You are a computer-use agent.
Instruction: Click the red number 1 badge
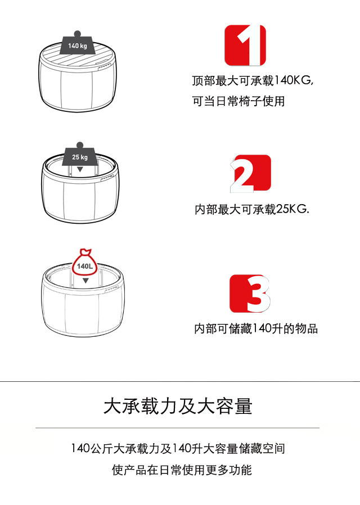pyautogui.click(x=245, y=45)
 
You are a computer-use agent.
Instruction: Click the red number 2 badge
pyautogui.click(x=250, y=174)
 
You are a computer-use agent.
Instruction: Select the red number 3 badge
pyautogui.click(x=250, y=294)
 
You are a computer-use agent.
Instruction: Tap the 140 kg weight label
pyautogui.click(x=78, y=46)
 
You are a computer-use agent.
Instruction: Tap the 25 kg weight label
pyautogui.click(x=80, y=157)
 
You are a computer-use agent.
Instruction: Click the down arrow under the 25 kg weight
pyautogui.click(x=80, y=169)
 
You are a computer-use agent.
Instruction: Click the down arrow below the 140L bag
pyautogui.click(x=85, y=281)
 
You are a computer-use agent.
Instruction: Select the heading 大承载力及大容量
pyautogui.click(x=178, y=406)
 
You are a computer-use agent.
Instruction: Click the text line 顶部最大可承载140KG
pyautogui.click(x=253, y=80)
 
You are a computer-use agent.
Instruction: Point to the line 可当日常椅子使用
pyautogui.click(x=238, y=101)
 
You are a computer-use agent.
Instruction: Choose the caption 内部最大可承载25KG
pyautogui.click(x=252, y=209)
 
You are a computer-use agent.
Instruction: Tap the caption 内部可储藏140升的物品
pyautogui.click(x=256, y=329)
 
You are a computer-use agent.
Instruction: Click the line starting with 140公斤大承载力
pyautogui.click(x=178, y=449)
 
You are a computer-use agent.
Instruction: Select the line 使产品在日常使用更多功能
pyautogui.click(x=182, y=470)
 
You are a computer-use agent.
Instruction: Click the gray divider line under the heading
pyautogui.click(x=177, y=428)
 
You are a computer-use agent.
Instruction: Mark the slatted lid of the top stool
pyautogui.click(x=76, y=57)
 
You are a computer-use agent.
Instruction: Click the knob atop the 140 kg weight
pyautogui.click(x=77, y=34)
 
